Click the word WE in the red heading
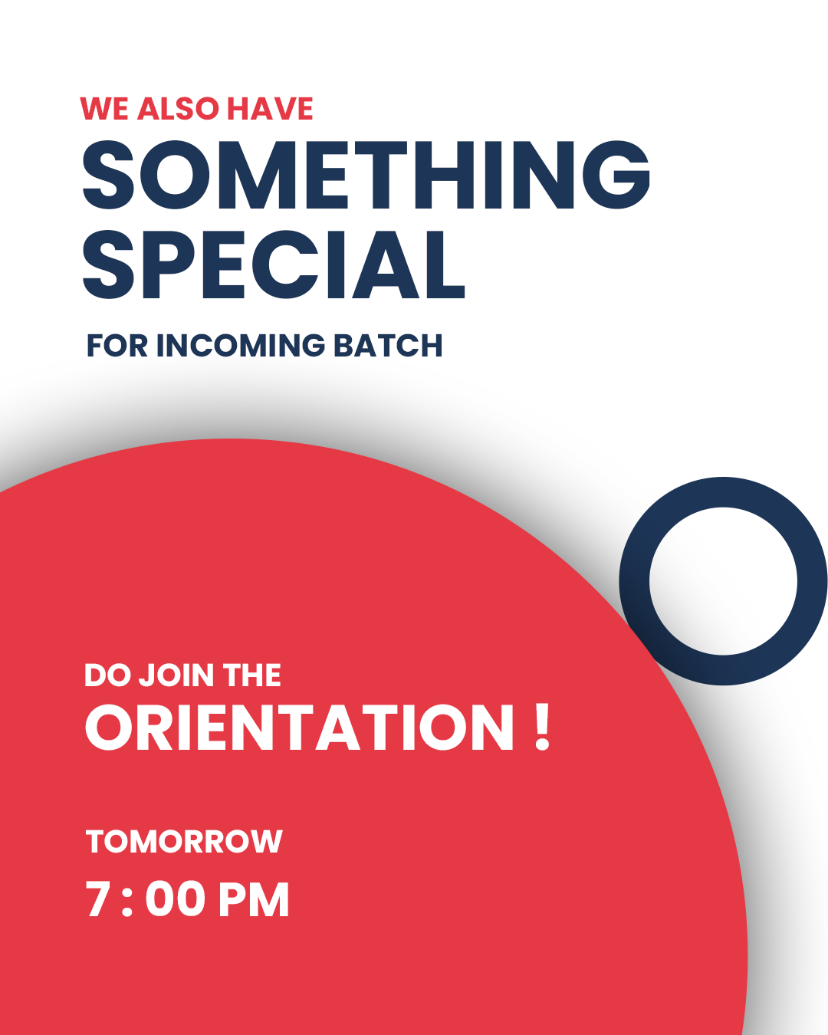(104, 108)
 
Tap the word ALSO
(179, 108)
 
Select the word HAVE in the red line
(270, 108)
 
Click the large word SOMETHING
(366, 175)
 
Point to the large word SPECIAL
(274, 264)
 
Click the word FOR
(117, 345)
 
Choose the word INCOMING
(241, 345)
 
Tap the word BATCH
(388, 345)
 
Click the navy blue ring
(634, 581)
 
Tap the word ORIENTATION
(299, 728)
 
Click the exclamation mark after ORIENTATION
(542, 726)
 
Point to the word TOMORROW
(184, 842)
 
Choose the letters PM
(254, 899)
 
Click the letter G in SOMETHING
(616, 175)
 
